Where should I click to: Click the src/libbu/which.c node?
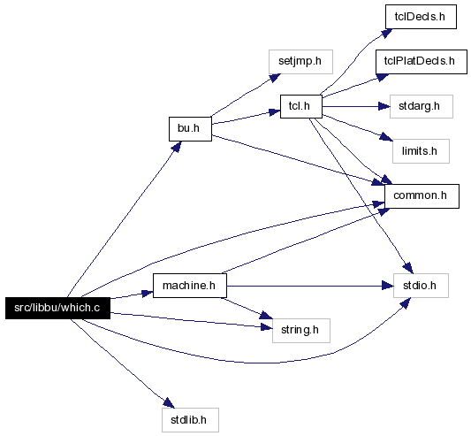[57, 308]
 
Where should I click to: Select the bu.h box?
[190, 129]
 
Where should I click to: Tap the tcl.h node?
[301, 106]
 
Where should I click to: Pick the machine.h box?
[190, 286]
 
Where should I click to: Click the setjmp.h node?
[300, 62]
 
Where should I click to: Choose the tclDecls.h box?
[421, 17]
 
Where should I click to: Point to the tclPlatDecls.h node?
[422, 62]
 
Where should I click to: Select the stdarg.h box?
[422, 106]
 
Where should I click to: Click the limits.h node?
[421, 151]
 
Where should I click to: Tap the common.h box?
[422, 196]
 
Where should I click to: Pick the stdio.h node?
[421, 286]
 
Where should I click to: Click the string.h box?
[301, 331]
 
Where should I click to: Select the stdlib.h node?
[190, 420]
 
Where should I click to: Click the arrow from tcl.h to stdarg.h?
[356, 106]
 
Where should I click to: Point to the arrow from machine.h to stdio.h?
[310, 286]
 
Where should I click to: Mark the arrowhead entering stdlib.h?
[169, 403]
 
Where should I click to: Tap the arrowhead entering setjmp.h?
[275, 78]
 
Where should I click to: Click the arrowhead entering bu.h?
[178, 147]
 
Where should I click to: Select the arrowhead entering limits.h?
[386, 137]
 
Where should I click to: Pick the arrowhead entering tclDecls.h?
[386, 33]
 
